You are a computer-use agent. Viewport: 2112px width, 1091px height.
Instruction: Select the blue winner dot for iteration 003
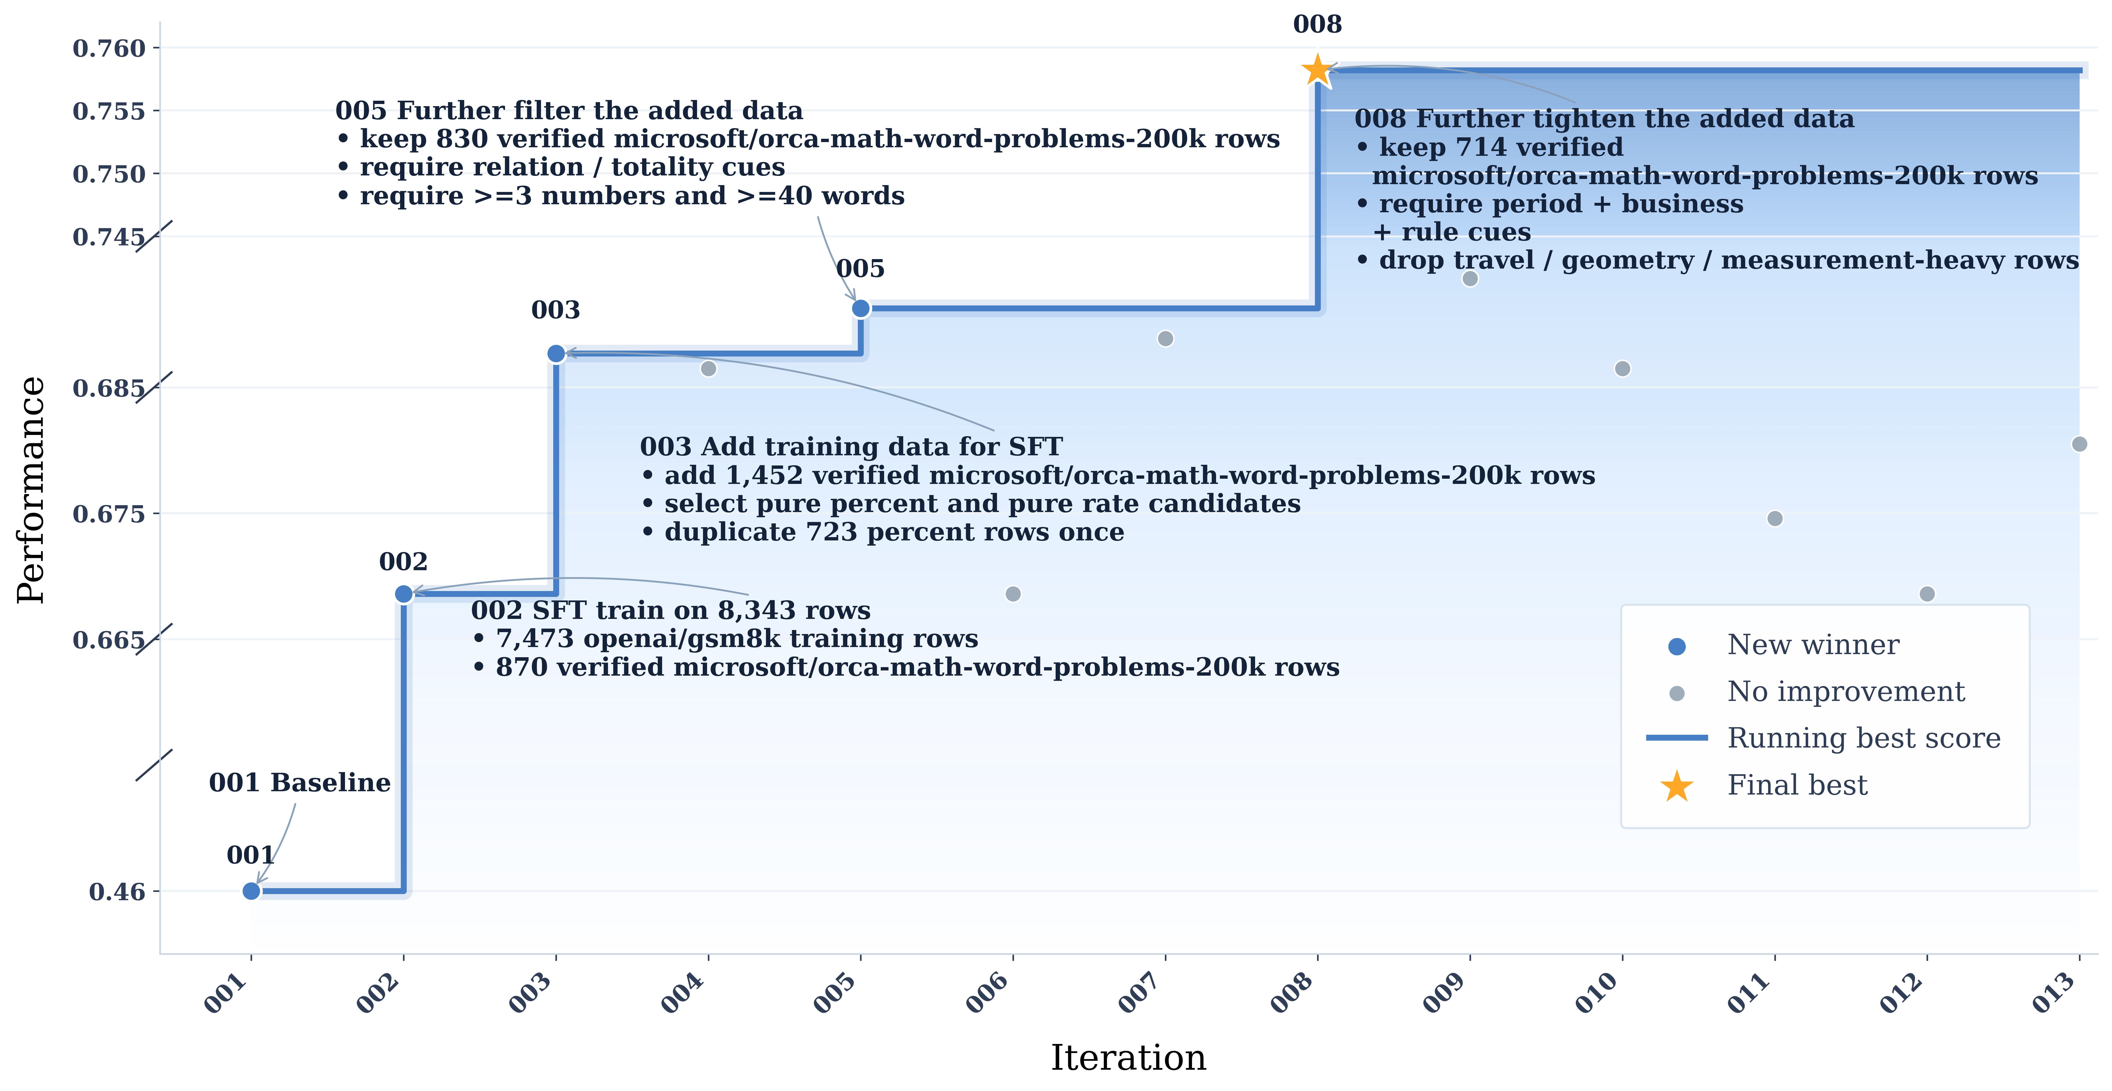(x=556, y=354)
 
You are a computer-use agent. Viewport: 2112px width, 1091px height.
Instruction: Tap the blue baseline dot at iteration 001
(x=252, y=891)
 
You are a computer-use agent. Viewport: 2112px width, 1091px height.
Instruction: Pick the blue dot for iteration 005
(x=860, y=309)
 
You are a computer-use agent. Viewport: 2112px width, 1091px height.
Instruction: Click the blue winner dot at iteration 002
(x=403, y=594)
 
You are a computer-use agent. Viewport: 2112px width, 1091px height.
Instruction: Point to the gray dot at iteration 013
(x=2079, y=444)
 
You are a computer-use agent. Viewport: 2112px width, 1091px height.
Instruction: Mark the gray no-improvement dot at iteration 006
(x=1013, y=594)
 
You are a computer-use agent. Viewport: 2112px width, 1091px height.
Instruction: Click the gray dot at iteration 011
(x=1775, y=518)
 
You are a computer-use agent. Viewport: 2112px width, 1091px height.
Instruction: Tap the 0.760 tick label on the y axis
(x=109, y=48)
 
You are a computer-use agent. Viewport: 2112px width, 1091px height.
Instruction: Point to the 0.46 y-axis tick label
(x=117, y=892)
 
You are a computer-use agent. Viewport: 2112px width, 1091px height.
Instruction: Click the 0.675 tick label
(x=109, y=514)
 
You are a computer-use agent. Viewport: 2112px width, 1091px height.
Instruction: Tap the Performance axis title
(x=31, y=491)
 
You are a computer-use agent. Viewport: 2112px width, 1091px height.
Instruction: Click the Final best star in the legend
(x=1677, y=786)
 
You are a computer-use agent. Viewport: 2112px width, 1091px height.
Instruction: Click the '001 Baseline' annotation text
(x=299, y=782)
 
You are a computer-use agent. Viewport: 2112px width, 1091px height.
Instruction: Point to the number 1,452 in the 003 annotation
(x=750, y=476)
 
